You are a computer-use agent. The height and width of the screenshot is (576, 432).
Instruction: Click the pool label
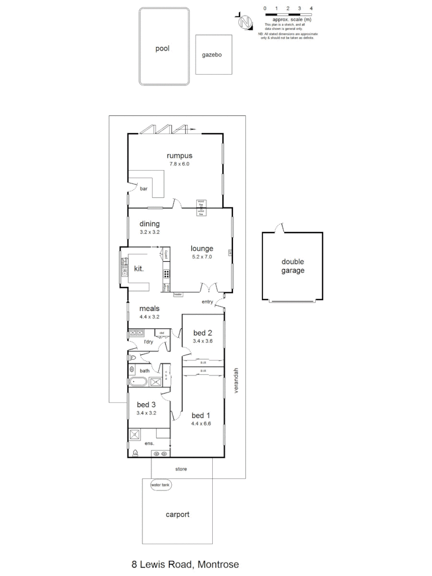(162, 49)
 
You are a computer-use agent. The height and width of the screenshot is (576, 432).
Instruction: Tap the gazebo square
(213, 54)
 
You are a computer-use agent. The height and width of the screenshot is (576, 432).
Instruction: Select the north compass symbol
(245, 23)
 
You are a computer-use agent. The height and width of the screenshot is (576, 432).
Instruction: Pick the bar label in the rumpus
(143, 188)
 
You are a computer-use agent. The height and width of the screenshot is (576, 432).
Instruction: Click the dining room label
(150, 224)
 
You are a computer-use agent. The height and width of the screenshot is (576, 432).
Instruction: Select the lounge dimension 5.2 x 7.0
(202, 256)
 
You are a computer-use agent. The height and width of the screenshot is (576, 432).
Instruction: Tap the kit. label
(139, 269)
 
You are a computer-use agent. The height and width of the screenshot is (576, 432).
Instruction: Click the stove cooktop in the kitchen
(167, 275)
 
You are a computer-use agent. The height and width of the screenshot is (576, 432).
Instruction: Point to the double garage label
(293, 266)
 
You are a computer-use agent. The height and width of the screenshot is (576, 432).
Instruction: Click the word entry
(207, 302)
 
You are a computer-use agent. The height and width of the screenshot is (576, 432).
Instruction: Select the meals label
(149, 308)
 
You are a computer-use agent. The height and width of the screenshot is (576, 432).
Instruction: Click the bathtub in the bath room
(139, 381)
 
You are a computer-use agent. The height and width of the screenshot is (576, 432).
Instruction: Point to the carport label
(177, 515)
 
